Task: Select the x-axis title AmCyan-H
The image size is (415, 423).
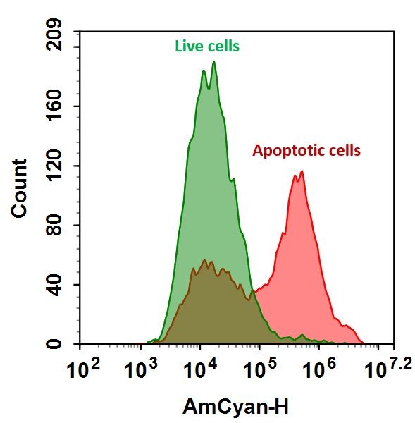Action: [235, 407]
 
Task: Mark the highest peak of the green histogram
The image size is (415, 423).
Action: [213, 62]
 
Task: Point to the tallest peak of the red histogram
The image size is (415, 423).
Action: [302, 171]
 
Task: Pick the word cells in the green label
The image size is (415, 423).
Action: [223, 47]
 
